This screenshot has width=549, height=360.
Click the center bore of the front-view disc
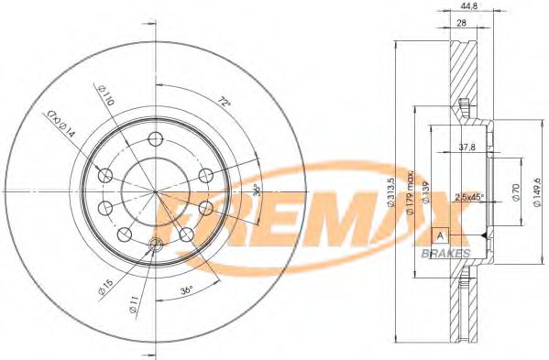[155, 191]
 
